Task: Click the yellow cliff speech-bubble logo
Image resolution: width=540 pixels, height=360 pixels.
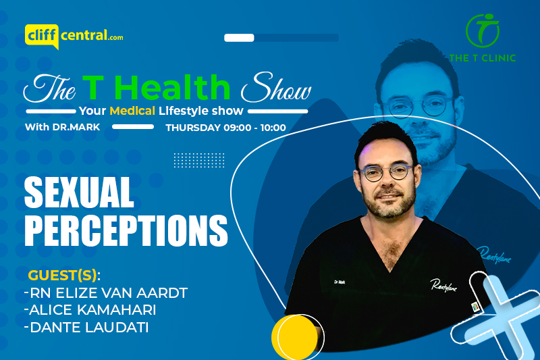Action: tap(42, 36)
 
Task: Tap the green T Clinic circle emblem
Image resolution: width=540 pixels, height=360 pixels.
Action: tap(483, 30)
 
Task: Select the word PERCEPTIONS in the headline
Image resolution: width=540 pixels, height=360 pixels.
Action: tap(126, 231)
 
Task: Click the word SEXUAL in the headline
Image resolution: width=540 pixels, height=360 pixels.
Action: tap(79, 192)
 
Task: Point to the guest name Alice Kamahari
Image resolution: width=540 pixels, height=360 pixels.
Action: tap(90, 310)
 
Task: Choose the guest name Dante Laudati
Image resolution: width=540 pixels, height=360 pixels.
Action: tap(87, 328)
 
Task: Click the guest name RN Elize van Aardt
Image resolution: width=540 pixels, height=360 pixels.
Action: tap(106, 293)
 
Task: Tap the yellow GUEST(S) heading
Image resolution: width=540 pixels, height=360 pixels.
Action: tap(64, 276)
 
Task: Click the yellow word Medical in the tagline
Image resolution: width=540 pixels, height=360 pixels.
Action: tap(132, 111)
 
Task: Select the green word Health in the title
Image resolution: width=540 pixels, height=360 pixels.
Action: tap(174, 88)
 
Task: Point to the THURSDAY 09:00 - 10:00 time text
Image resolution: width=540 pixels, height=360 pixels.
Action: tap(225, 128)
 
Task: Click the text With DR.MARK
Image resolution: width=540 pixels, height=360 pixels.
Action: tap(62, 127)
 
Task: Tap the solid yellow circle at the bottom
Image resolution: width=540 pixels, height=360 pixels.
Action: tap(294, 338)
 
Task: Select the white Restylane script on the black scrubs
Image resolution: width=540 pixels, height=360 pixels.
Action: tap(443, 286)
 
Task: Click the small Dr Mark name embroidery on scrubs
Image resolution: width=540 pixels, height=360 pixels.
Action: tap(340, 282)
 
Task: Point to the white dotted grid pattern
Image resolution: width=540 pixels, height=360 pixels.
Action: tap(199, 160)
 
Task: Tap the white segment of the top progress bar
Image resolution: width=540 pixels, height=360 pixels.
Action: tap(239, 38)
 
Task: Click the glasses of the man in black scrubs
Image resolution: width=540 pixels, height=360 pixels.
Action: tap(385, 172)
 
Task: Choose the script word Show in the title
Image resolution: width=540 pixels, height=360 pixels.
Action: tap(276, 88)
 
